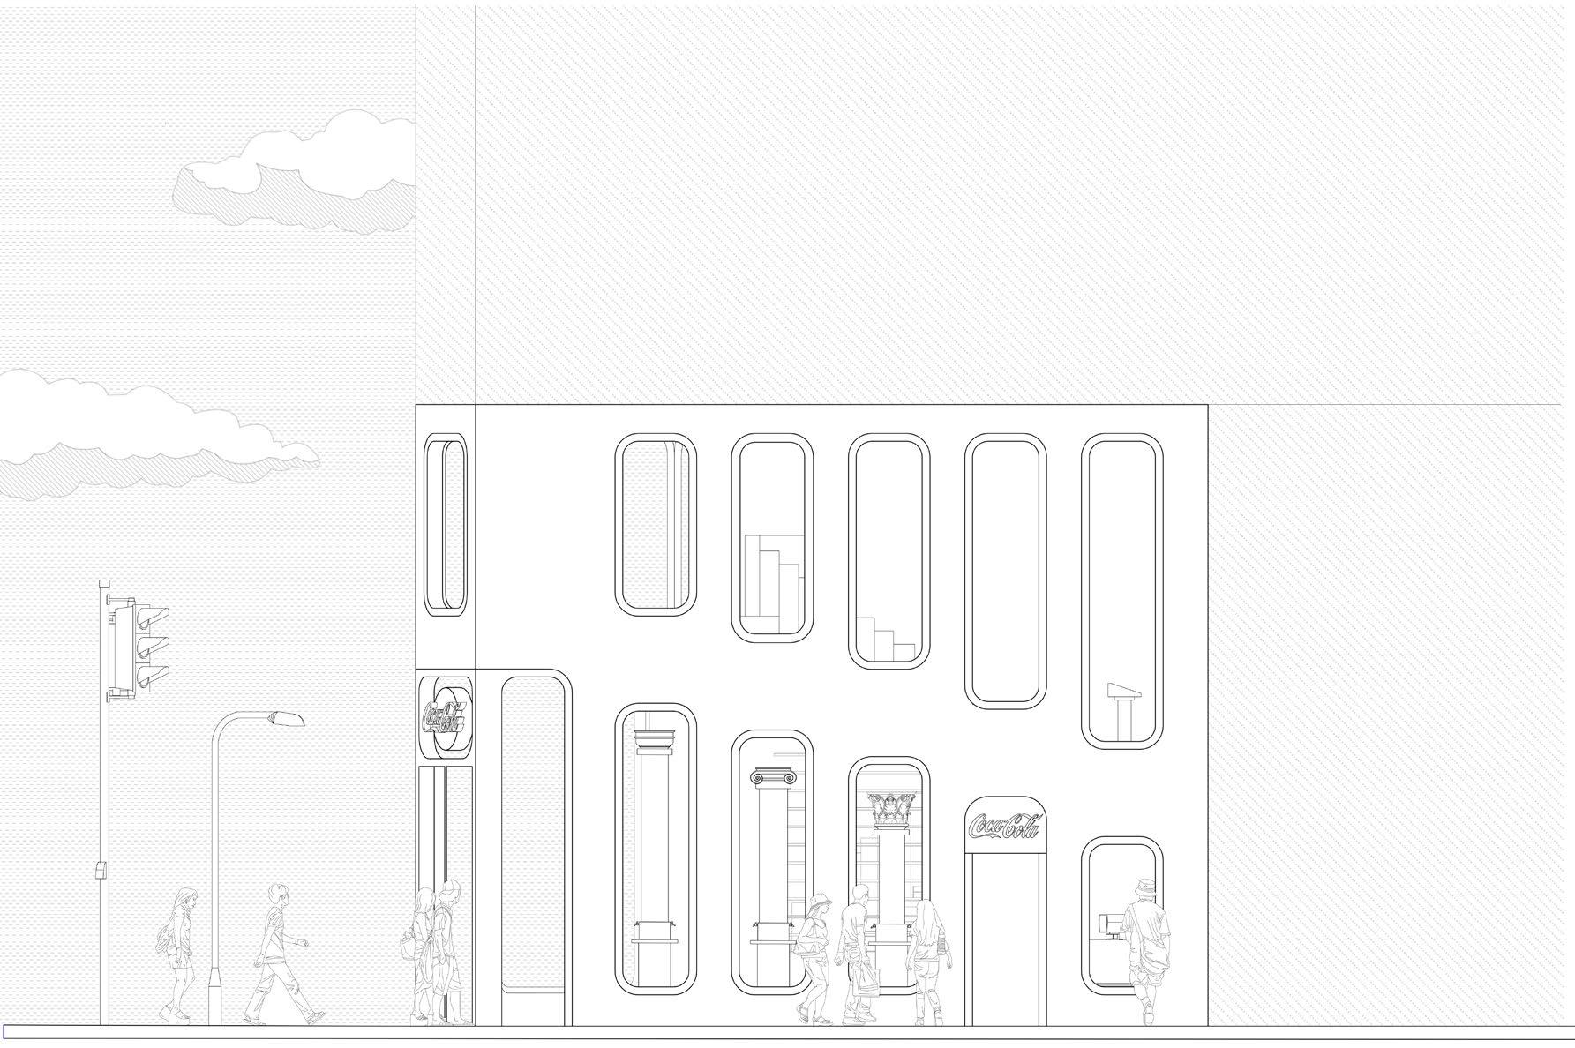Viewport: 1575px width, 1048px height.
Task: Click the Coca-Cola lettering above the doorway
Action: pyautogui.click(x=1004, y=826)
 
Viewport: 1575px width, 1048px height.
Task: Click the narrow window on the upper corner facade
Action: pyautogui.click(x=446, y=525)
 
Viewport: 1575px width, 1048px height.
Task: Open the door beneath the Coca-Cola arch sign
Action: pyautogui.click(x=1005, y=944)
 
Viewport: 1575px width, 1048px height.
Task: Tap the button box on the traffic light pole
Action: pyautogui.click(x=101, y=870)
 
